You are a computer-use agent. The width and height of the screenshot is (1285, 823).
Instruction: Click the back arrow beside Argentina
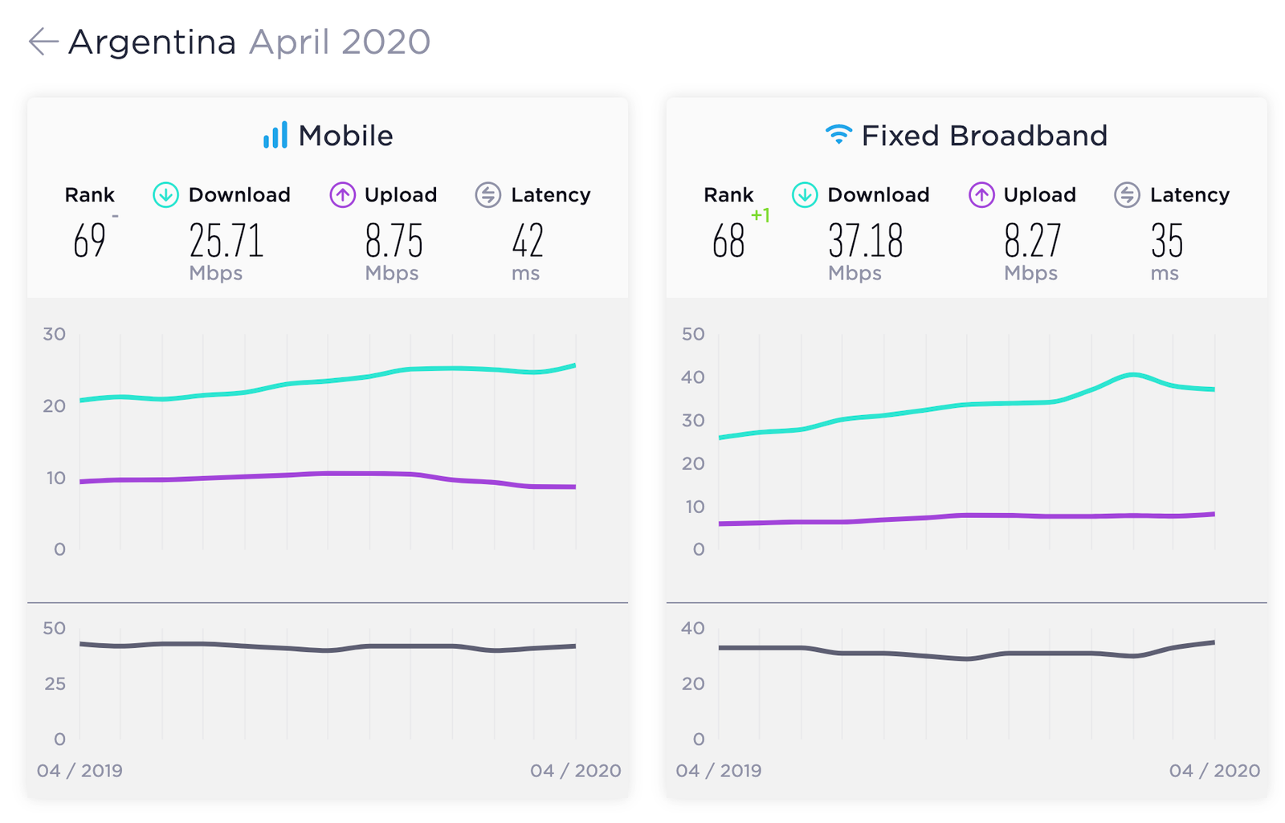tap(43, 41)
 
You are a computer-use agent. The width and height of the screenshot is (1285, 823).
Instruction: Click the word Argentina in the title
tap(152, 43)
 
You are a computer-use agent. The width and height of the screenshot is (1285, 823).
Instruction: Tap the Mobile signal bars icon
tap(275, 135)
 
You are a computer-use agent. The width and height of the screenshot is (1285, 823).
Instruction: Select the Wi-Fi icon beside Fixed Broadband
tap(838, 134)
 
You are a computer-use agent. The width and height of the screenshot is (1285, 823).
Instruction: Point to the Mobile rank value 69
tap(89, 240)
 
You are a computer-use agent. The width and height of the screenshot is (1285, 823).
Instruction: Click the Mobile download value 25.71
tap(226, 240)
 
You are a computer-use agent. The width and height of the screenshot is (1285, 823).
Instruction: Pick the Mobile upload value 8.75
tap(394, 240)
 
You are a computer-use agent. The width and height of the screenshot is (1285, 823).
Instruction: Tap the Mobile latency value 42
tap(527, 240)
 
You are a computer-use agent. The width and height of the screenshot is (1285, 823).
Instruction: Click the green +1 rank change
tap(760, 215)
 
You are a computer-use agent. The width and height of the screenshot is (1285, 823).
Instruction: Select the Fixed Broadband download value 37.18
tap(865, 240)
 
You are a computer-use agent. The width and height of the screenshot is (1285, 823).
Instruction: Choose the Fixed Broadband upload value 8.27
tap(1033, 240)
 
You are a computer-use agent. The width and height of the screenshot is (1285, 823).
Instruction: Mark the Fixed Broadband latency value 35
tap(1166, 240)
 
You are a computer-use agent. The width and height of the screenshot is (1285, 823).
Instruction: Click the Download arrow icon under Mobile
tap(165, 195)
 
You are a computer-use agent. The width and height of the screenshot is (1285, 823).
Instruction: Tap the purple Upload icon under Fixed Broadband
tap(981, 195)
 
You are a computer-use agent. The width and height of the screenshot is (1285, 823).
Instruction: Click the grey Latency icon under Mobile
tap(488, 195)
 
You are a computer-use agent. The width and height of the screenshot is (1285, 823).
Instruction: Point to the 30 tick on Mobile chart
tap(54, 334)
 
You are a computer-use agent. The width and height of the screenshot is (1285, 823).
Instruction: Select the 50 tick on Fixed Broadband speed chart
tap(693, 334)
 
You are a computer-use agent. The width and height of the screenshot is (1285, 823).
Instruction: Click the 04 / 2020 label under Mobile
tap(575, 770)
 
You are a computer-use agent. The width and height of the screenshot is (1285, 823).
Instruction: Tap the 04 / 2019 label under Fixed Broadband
tap(718, 770)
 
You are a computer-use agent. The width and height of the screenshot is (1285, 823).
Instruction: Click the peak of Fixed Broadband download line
tap(1133, 374)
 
